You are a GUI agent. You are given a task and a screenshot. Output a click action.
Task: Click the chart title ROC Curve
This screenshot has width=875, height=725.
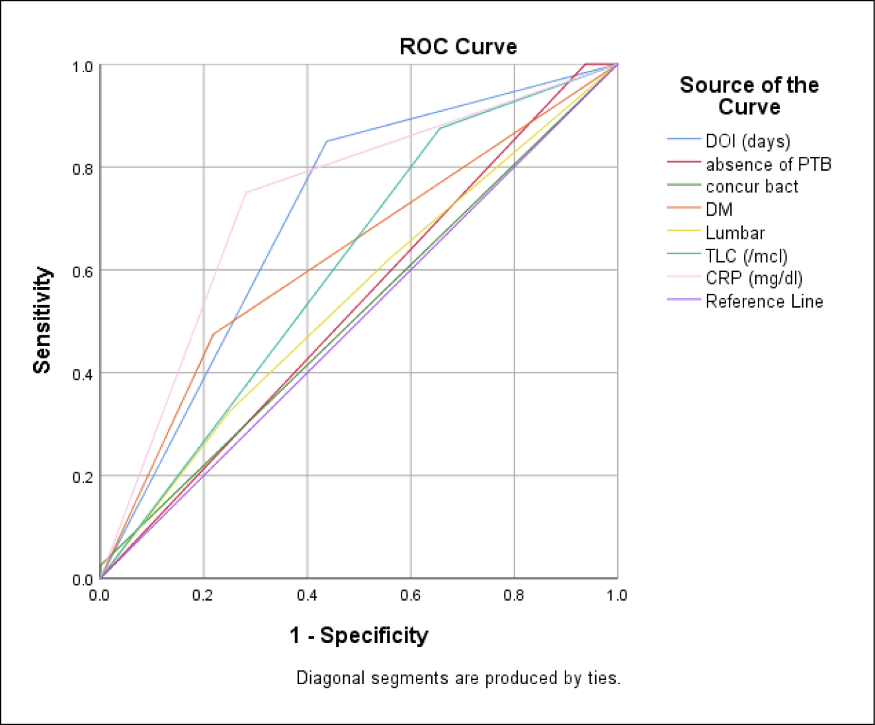(x=458, y=46)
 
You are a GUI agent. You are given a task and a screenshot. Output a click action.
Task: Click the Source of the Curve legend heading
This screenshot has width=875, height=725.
(x=749, y=95)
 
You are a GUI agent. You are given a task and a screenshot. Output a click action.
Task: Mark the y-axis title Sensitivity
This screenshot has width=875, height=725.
(x=42, y=320)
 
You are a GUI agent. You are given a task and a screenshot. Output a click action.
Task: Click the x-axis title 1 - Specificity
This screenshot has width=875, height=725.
(x=358, y=635)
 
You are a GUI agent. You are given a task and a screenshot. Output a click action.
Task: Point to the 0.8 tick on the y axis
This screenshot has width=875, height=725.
(x=83, y=169)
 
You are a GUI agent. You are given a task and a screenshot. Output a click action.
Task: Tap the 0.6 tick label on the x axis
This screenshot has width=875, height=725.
(x=410, y=595)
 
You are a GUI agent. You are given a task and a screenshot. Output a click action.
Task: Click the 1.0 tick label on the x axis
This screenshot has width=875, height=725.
(x=617, y=595)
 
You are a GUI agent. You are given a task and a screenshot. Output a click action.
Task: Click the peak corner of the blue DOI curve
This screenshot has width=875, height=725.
(x=327, y=141)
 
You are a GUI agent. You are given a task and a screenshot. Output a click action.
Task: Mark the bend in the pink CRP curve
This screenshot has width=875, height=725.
(x=246, y=192)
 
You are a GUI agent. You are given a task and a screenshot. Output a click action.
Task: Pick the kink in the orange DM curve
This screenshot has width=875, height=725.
(x=214, y=335)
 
